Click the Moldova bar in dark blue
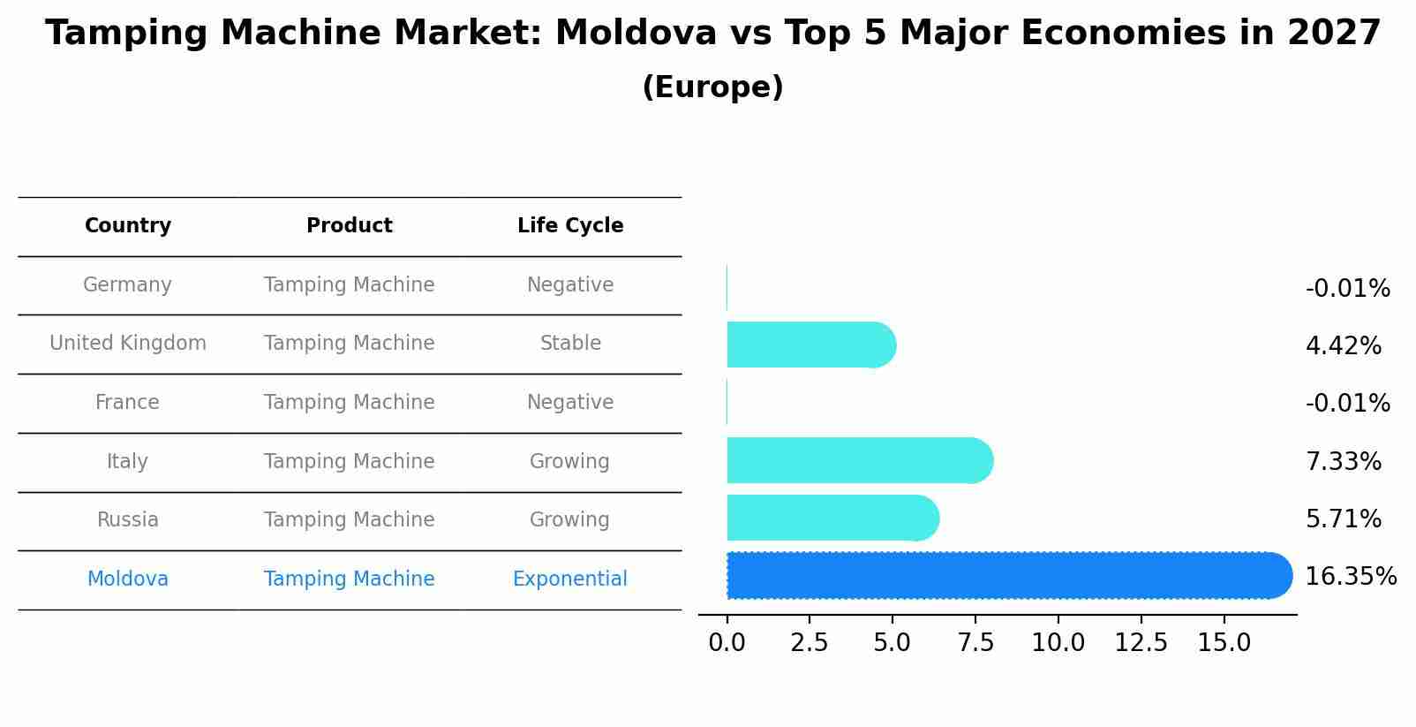[1006, 576]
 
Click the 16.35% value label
[1350, 577]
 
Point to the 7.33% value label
[1343, 461]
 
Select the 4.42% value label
[1343, 345]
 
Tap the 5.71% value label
[1343, 519]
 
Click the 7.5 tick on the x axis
[975, 642]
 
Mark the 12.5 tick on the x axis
[1141, 642]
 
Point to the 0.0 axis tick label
[727, 642]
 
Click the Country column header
[128, 226]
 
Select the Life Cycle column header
[570, 226]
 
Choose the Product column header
[350, 226]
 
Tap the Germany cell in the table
[127, 285]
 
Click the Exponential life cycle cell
[570, 579]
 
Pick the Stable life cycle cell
[570, 344]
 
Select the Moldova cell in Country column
[127, 579]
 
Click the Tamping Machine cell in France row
[350, 403]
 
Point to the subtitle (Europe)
[712, 87]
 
